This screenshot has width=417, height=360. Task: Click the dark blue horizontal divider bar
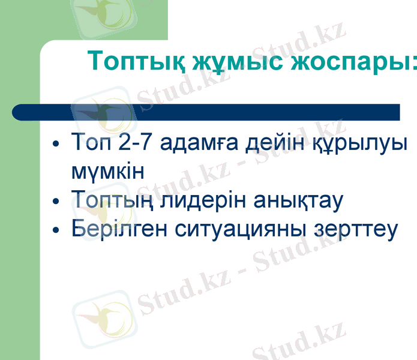coord(204,112)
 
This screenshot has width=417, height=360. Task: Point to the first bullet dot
coord(56,145)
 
